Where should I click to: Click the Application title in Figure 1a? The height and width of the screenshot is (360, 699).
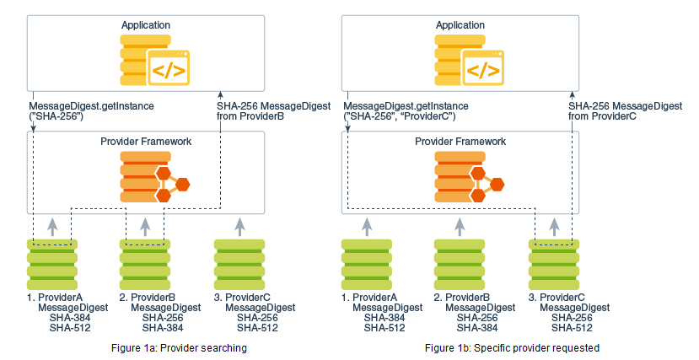146,25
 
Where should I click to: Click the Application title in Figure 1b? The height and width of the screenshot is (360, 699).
460,25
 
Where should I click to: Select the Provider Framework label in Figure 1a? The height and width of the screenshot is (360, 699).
146,142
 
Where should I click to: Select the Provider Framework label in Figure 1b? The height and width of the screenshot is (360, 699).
460,142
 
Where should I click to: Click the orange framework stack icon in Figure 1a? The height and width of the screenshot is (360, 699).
155,177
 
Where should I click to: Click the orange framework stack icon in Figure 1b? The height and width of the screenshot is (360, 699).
470,177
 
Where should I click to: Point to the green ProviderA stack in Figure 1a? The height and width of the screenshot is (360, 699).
52,265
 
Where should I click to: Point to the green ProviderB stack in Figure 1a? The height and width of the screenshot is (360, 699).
145,265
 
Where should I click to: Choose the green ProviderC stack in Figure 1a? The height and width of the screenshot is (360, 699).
239,265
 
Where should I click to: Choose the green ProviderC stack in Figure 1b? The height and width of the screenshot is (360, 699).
554,265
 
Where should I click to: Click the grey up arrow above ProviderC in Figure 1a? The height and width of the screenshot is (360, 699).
239,227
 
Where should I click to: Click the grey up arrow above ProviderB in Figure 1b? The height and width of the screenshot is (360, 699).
460,227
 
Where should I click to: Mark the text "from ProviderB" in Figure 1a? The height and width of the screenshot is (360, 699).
250,116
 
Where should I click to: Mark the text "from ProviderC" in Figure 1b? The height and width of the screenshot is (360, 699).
602,116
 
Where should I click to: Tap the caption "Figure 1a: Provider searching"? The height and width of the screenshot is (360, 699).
180,348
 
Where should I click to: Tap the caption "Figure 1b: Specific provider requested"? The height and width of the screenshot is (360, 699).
512,348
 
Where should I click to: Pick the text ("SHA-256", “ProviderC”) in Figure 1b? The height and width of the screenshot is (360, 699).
400,116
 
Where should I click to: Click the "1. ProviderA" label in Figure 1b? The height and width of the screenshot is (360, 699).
369,297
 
